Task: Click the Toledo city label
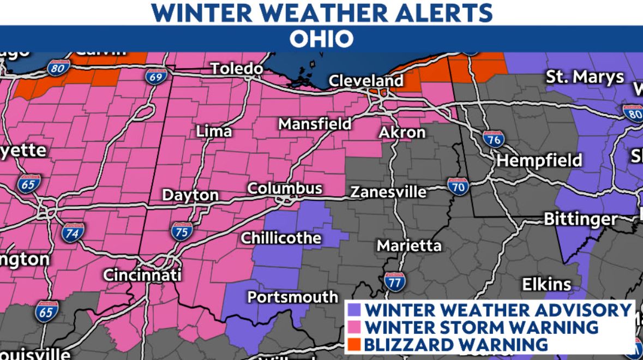click(x=237, y=69)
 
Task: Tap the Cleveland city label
click(x=366, y=81)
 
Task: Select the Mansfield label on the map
click(x=315, y=124)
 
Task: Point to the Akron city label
click(x=402, y=132)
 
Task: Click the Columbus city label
click(x=284, y=189)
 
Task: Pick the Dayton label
click(x=190, y=195)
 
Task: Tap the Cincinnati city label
click(x=142, y=275)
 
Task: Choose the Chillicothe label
click(x=281, y=238)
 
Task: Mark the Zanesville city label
click(x=388, y=192)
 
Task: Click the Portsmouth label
click(x=292, y=297)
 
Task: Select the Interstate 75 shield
click(x=182, y=231)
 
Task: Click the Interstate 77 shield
click(x=394, y=281)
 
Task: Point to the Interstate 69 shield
click(x=155, y=76)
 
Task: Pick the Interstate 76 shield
click(x=493, y=140)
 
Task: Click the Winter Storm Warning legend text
click(x=481, y=327)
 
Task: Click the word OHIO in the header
click(x=321, y=39)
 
